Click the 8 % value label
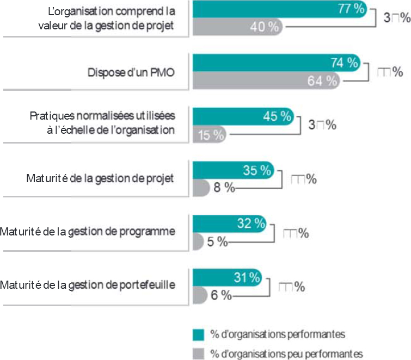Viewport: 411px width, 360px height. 223,188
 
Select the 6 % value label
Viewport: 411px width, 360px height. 221,295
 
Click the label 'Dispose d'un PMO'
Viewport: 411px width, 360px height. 131,72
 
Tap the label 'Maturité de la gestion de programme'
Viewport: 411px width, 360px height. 88,232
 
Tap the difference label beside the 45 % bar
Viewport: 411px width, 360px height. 322,125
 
